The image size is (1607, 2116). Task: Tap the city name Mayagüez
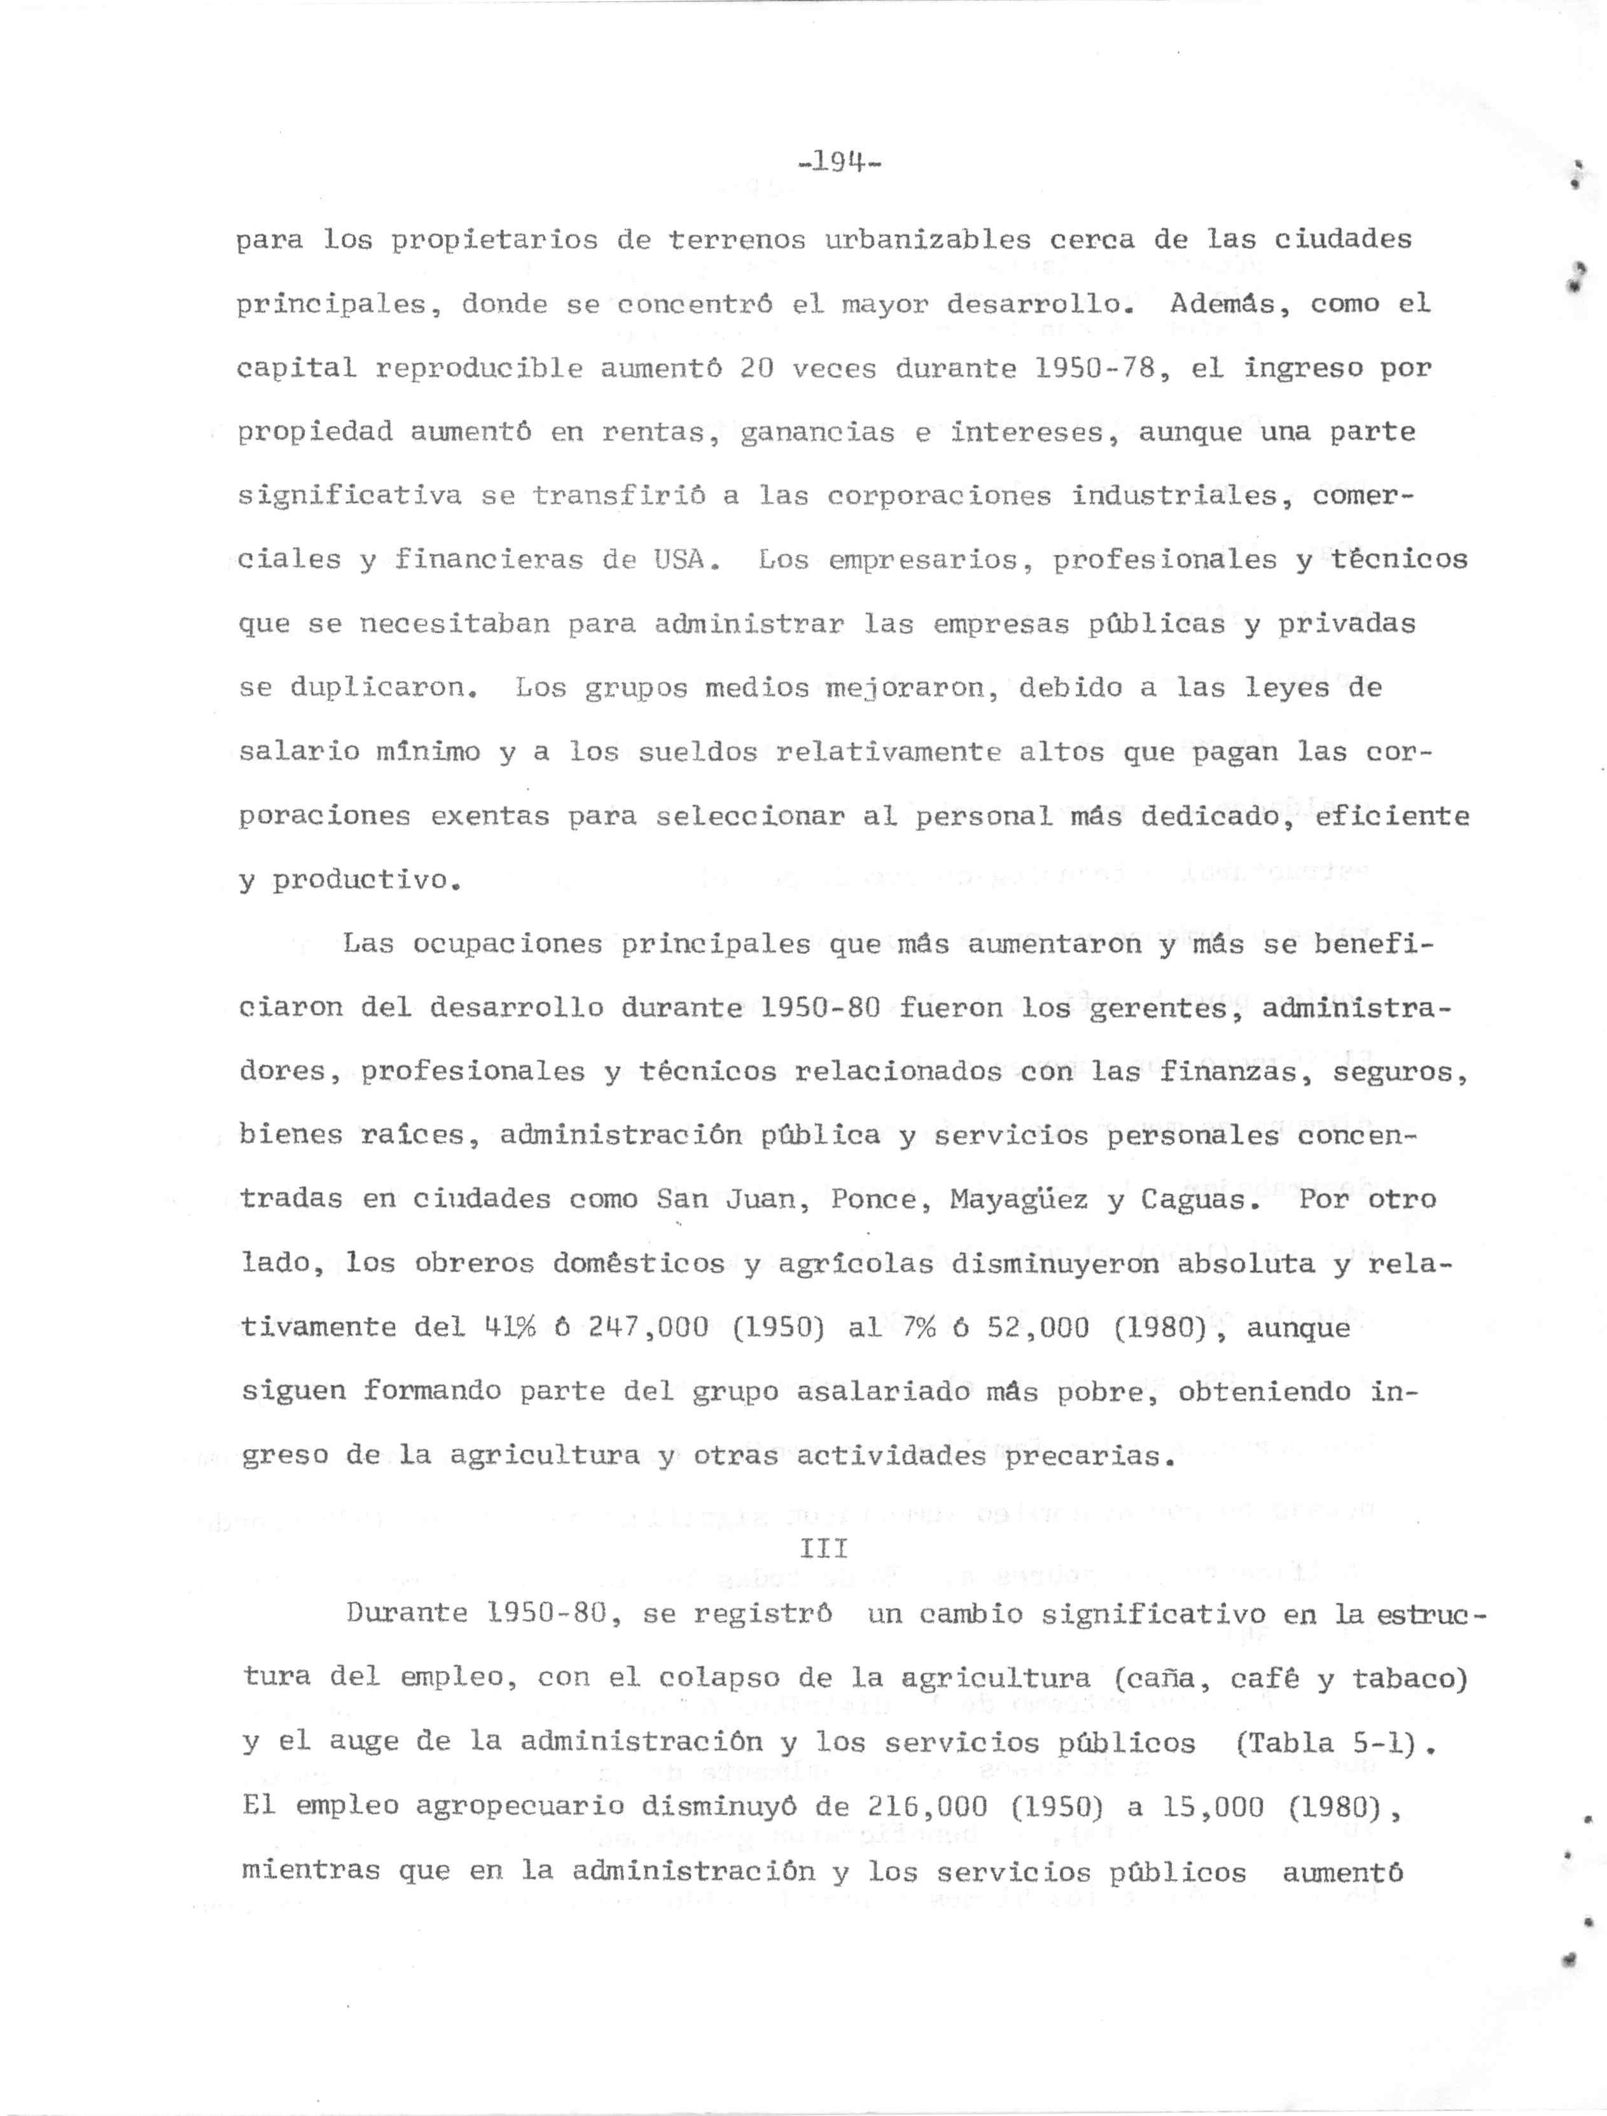[x=1019, y=1200]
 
